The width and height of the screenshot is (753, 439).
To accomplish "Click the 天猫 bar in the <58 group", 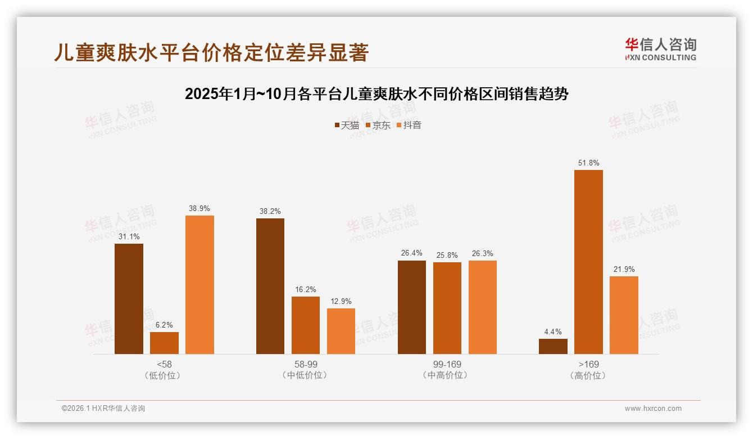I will tap(129, 299).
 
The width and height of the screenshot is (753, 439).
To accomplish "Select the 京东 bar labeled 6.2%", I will tap(164, 343).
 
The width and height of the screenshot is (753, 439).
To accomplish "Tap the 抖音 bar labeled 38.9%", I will tap(199, 285).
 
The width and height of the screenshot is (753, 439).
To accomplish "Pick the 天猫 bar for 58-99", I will tap(270, 286).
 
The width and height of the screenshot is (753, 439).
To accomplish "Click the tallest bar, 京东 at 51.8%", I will tap(588, 262).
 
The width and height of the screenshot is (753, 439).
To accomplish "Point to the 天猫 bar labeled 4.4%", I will tap(553, 347).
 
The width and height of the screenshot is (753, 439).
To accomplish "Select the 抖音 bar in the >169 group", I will tap(624, 315).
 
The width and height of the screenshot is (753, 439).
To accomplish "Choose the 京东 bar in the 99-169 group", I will tap(447, 308).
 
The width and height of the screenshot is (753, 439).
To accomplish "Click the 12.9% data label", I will tap(341, 302).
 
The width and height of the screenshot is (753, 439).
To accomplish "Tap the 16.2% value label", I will tap(306, 290).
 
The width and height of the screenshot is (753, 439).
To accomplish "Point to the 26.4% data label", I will tap(412, 253).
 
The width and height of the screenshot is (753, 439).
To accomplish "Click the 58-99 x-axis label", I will tap(305, 365).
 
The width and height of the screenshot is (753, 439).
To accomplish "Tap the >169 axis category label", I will tap(588, 365).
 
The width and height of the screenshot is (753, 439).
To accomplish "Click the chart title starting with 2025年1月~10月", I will tap(376, 94).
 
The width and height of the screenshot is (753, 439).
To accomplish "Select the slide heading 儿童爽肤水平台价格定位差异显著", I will tap(211, 52).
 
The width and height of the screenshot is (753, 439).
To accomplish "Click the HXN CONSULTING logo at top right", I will tap(660, 50).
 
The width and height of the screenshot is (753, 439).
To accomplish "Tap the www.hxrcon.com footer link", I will tap(653, 409).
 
